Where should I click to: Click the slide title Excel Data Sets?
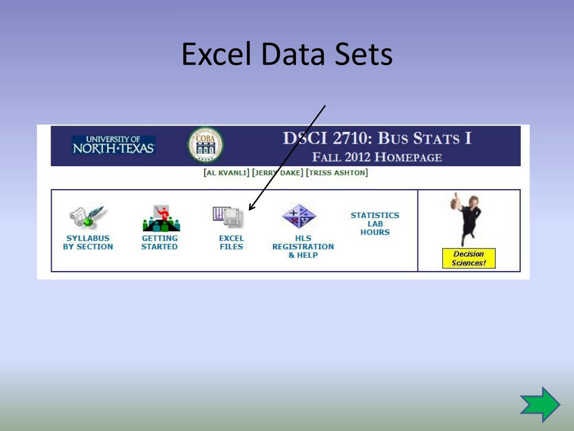(x=287, y=55)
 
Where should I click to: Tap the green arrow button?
(x=540, y=404)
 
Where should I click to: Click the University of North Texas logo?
(x=113, y=145)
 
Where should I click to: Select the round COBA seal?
(x=205, y=145)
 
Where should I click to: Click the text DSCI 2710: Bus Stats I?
(x=377, y=138)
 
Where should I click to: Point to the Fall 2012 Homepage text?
(x=377, y=157)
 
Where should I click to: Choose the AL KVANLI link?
(x=226, y=173)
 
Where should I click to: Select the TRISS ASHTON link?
(x=337, y=173)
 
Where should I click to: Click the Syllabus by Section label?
(x=88, y=242)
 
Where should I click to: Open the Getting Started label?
(x=159, y=242)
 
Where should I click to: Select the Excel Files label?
(x=231, y=242)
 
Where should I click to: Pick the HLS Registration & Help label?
(x=303, y=246)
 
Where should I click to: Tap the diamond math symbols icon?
(x=299, y=217)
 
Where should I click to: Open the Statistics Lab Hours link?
(x=374, y=223)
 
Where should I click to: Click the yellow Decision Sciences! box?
(x=468, y=258)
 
